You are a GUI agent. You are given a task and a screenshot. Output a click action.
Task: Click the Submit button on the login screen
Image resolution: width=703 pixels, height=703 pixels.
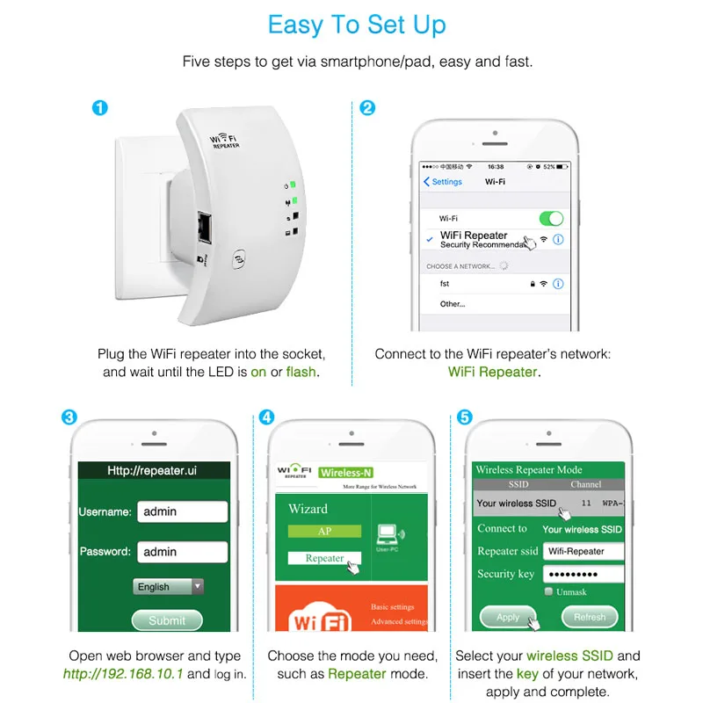coord(167,620)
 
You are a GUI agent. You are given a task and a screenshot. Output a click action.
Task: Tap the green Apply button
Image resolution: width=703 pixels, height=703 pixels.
coord(508,617)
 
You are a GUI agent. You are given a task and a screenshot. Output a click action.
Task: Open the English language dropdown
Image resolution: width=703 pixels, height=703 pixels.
coord(169,586)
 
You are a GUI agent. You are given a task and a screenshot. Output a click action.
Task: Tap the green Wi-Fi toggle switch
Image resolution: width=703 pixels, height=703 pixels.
coord(550,218)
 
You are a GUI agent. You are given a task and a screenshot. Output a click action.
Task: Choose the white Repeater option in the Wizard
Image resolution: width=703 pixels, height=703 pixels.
coord(324,558)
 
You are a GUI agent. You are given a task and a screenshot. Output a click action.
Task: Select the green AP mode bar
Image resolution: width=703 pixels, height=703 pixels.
coord(324,532)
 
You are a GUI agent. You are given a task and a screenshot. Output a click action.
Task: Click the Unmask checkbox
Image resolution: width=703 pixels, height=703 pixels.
coord(549,592)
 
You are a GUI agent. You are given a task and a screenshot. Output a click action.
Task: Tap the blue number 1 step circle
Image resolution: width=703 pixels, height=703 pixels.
coord(100,108)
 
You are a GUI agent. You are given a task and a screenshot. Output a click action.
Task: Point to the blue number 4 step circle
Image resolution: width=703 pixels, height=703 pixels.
coord(267,417)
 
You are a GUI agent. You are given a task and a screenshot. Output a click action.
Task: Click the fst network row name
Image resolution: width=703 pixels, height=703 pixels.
coord(446,284)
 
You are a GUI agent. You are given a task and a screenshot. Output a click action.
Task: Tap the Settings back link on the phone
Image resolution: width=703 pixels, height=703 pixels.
coord(443,182)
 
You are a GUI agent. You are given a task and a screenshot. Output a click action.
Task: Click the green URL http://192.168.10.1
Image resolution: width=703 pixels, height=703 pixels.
coord(123,674)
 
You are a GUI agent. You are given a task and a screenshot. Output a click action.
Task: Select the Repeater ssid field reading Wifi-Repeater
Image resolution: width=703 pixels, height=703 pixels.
coord(583,551)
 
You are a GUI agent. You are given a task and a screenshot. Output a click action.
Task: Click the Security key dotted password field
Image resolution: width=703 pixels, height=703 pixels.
coord(583,574)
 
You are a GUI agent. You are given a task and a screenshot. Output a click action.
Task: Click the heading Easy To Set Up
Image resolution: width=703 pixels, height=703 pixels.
coord(357,25)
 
